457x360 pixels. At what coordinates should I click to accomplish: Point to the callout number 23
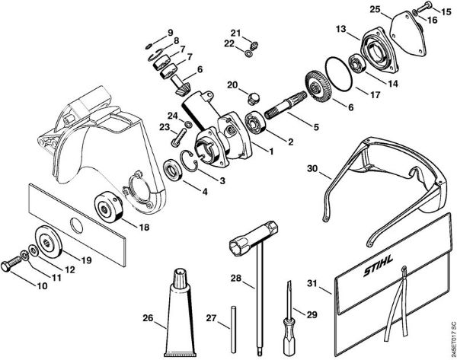tap(163, 127)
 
